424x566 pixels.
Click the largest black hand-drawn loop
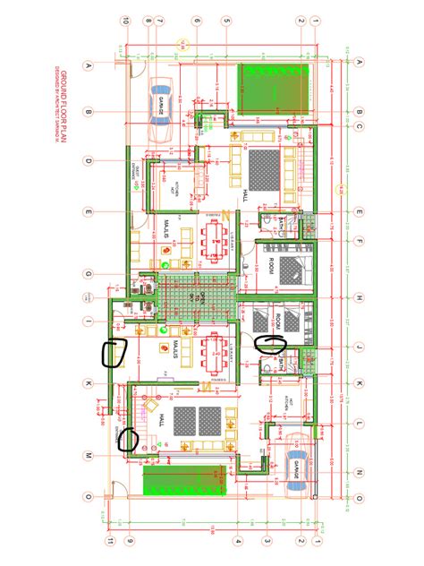pyautogui.click(x=114, y=355)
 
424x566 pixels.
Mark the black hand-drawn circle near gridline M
pyautogui.click(x=129, y=440)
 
